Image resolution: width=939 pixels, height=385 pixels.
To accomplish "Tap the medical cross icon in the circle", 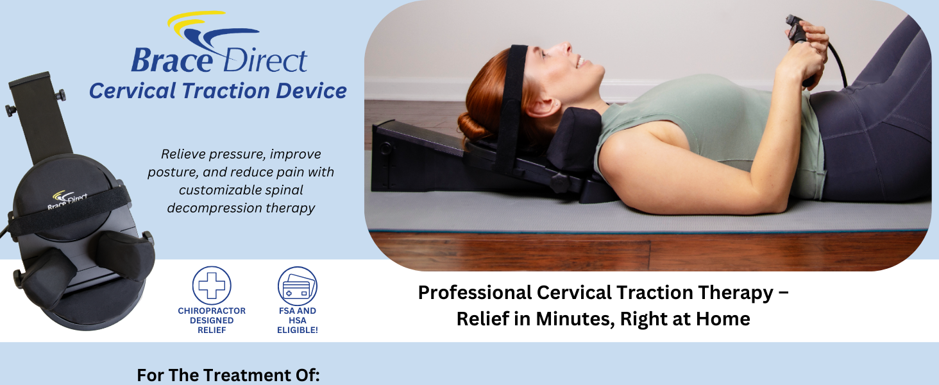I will tap(212, 286).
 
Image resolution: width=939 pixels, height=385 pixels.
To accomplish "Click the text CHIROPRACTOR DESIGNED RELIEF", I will tap(212, 320).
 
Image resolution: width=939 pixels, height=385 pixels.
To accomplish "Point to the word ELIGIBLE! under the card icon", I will tap(298, 330).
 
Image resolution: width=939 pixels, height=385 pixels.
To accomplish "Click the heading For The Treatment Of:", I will tap(228, 375).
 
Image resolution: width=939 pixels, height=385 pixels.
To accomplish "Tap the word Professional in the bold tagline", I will tap(475, 293).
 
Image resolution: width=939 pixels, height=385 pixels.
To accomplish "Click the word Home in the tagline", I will tap(725, 319).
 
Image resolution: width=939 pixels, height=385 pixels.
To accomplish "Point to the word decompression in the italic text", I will tap(208, 209).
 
